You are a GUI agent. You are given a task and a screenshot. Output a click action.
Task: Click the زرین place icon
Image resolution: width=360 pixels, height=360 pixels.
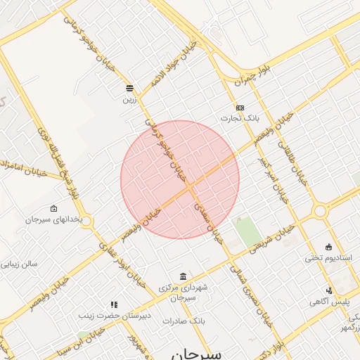(x=129, y=88)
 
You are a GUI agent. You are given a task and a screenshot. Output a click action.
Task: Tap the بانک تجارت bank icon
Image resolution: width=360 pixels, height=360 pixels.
(x=240, y=108)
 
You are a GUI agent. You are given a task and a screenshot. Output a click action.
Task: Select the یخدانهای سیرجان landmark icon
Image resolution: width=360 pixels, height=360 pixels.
(x=54, y=208)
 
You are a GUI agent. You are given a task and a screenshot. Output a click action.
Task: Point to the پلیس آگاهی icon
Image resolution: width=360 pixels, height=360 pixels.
(x=328, y=290)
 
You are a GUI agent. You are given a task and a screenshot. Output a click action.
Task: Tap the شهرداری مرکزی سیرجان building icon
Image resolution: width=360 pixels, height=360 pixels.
(x=183, y=276)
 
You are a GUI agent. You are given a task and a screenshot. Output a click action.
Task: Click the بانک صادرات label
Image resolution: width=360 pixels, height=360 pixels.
(x=182, y=321)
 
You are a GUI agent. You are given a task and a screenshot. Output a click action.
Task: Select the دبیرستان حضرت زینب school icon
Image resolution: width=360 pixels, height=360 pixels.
(x=114, y=305)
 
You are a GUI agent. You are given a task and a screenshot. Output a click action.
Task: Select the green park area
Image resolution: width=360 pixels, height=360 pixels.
(x=247, y=232)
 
